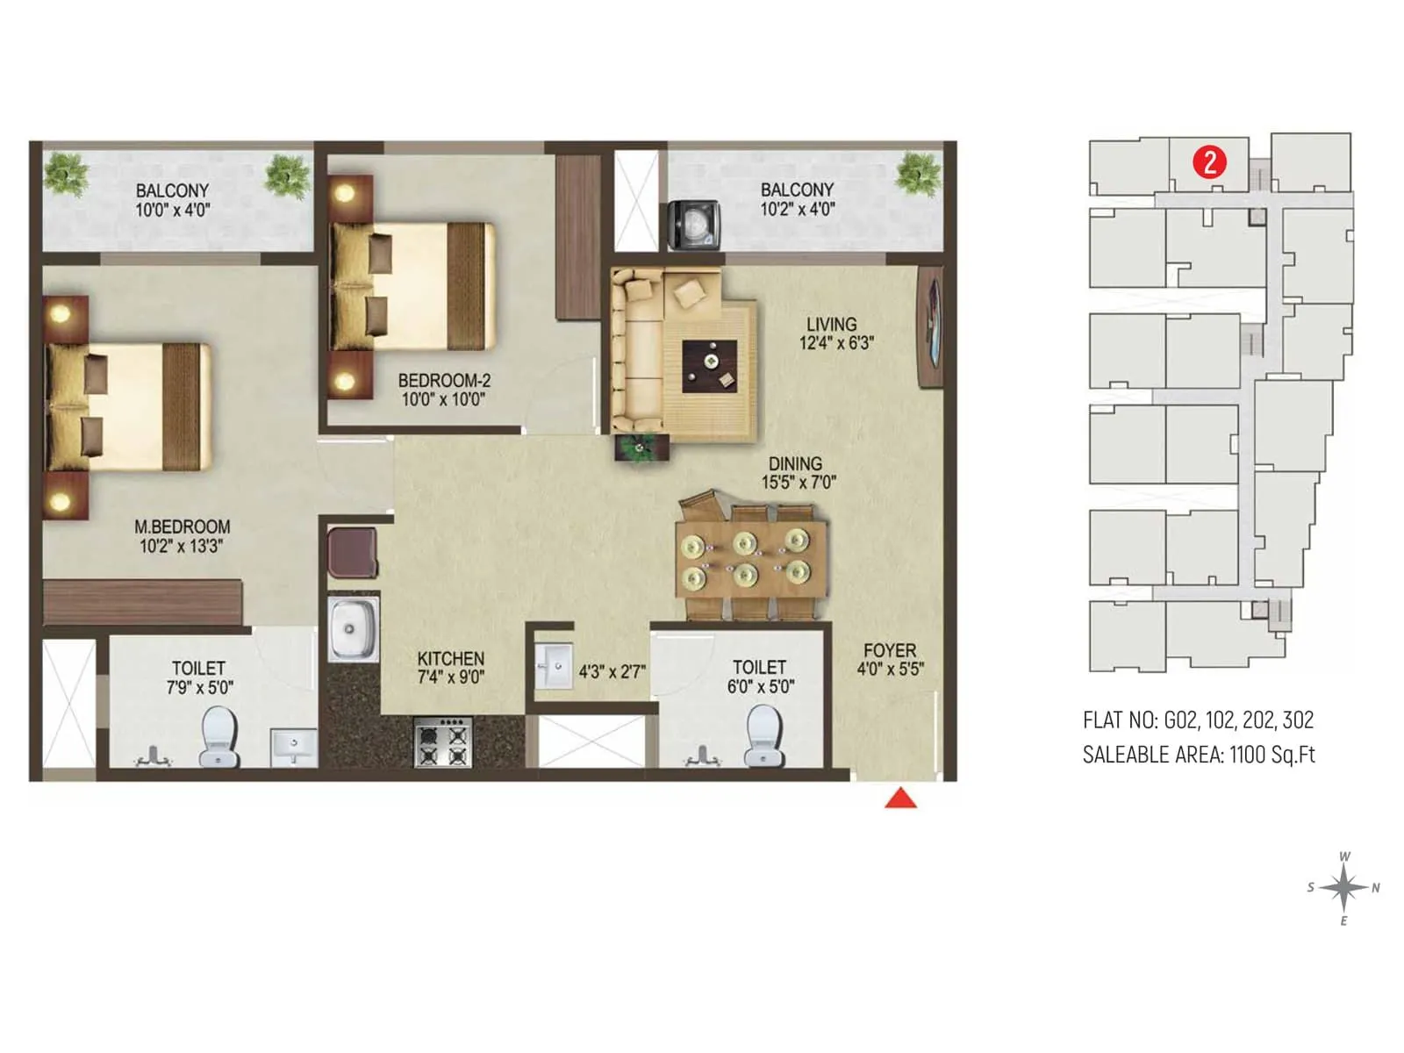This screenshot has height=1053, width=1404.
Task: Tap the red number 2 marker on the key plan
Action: (x=1209, y=162)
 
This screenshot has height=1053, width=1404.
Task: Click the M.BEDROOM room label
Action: (x=182, y=526)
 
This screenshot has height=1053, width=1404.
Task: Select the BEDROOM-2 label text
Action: (x=444, y=381)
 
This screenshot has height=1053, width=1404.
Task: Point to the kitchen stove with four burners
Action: (x=443, y=741)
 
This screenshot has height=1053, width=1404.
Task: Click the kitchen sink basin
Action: (x=353, y=629)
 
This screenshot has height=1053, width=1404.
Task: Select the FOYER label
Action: (x=889, y=650)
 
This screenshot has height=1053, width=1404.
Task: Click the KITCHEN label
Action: (x=450, y=658)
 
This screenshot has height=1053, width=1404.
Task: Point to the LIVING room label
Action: (x=831, y=324)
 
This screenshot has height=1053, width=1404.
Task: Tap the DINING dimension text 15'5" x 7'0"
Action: (x=799, y=482)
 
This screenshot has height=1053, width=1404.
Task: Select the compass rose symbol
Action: (x=1343, y=888)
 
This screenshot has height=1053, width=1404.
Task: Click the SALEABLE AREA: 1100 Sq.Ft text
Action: (x=1199, y=755)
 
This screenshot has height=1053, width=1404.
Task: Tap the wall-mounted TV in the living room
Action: (x=930, y=328)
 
